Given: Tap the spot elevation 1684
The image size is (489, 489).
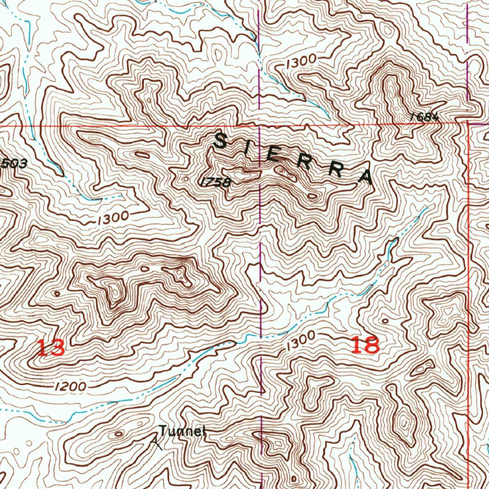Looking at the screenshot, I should tap(424, 117).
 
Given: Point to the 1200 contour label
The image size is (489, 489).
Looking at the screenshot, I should tap(70, 386).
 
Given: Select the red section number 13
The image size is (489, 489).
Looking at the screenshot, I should tap(51, 348).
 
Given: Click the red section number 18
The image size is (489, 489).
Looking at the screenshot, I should tap(365, 344).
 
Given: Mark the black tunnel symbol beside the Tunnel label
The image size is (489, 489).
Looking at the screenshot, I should tap(156, 444).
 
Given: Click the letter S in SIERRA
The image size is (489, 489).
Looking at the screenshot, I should tap(221, 141).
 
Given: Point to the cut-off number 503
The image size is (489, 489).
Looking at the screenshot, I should tap(13, 164).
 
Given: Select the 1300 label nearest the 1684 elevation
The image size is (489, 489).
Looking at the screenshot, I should tap(301, 61).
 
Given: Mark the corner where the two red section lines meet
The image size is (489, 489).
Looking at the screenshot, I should tap(468, 122).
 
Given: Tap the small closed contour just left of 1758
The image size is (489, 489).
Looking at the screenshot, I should tap(186, 179).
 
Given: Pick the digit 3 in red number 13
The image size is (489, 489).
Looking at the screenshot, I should tap(57, 348).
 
